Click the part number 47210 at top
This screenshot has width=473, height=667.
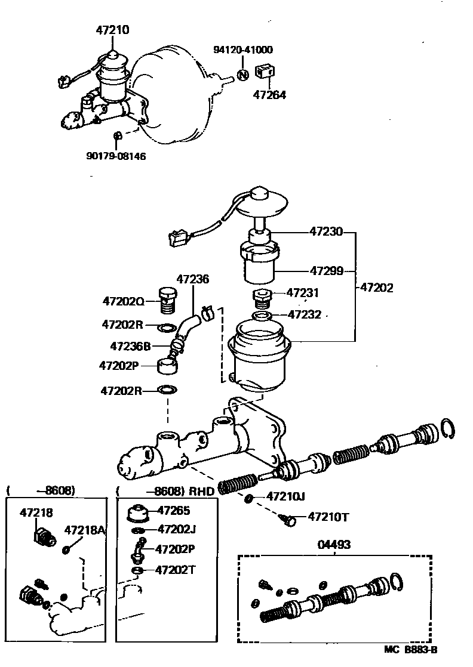tap(113, 29)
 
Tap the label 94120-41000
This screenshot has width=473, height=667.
tap(243, 50)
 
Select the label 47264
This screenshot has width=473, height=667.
tap(269, 94)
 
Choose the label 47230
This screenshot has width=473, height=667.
tap(326, 231)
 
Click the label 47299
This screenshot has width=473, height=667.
tap(326, 271)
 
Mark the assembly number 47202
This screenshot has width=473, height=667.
tap(376, 288)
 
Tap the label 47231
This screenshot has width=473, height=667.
tap(303, 293)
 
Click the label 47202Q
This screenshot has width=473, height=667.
tap(122, 302)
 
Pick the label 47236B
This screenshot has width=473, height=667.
tap(131, 346)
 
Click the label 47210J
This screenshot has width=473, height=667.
tap(285, 496)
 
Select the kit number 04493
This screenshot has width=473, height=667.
tap(334, 544)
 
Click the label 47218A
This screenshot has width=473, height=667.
tap(85, 530)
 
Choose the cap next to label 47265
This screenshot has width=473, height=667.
tap(138, 512)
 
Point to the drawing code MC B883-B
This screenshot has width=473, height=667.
tap(411, 650)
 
